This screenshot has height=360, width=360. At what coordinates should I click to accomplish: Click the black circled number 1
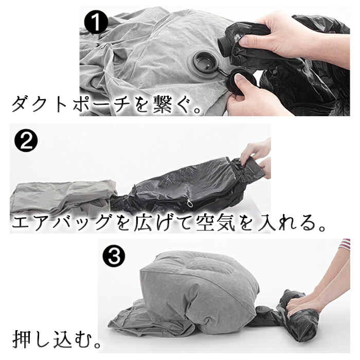coord(96,22)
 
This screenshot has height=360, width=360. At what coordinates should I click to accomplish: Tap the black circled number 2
coord(26,140)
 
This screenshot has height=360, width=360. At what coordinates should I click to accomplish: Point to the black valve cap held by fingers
coord(240,84)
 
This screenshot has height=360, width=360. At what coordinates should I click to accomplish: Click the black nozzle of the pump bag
coord(225,44)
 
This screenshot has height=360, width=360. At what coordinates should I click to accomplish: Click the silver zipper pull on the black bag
coord(190,203)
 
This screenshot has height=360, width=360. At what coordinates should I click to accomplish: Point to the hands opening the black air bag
coord(256,158)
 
